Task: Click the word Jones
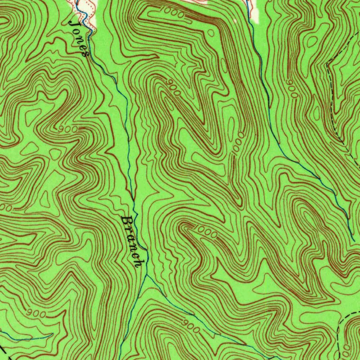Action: [79, 38]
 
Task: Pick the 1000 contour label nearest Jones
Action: [174, 13]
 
